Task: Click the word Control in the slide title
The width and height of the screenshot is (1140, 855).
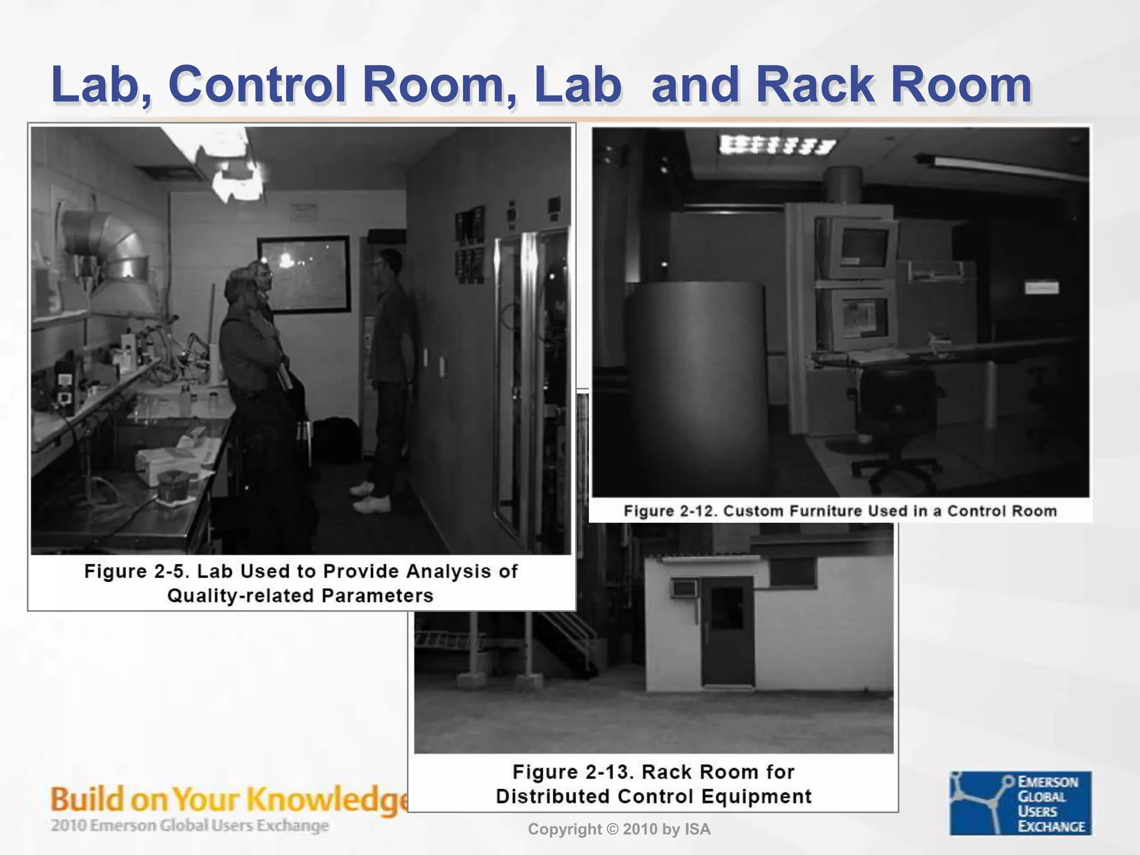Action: tap(257, 85)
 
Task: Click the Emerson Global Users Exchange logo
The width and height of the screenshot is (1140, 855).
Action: tap(1020, 803)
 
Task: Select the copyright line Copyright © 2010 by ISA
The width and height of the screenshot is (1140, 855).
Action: tap(619, 829)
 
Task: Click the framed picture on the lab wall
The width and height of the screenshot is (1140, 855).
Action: tap(303, 273)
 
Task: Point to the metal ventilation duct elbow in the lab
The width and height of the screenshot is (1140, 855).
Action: tap(109, 245)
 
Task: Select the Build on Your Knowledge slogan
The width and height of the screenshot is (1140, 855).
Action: tap(228, 799)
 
